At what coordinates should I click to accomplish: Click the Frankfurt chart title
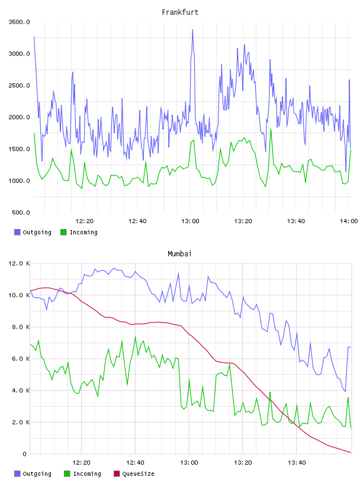180,12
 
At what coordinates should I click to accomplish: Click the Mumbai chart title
179,254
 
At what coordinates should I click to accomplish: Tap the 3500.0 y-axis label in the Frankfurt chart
19,22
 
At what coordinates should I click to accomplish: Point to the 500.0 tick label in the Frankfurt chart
21,212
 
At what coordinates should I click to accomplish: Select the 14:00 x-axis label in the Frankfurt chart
349,221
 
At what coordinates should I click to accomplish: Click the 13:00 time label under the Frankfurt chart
190,221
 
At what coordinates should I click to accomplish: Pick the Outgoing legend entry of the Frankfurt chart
33,232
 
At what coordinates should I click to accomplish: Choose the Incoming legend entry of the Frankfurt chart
79,232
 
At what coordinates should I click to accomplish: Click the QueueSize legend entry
134,474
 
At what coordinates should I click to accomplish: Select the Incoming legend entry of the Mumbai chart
83,474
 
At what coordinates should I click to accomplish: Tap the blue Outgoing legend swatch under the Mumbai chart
17,474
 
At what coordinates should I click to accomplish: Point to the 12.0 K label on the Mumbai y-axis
19,263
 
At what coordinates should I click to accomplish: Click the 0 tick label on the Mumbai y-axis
25,454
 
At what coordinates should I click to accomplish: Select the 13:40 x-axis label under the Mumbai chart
297,463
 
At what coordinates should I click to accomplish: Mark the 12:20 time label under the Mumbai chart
81,463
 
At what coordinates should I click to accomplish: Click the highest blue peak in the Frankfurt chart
192,30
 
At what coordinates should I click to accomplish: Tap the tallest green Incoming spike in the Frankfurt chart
271,129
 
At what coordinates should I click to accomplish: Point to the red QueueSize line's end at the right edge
351,452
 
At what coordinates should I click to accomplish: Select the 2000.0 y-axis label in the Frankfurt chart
19,117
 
